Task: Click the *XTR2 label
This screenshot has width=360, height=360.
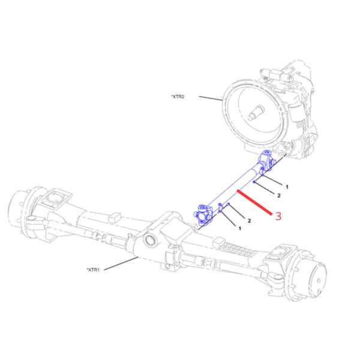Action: pos(178,97)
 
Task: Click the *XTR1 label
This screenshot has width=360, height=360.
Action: pos(93,269)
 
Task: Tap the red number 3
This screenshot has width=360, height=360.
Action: pos(278,216)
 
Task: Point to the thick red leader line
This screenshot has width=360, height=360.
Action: pos(254,203)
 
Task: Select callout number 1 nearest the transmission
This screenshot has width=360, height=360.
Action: pos(287,187)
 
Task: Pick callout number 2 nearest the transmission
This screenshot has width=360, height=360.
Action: pos(279,196)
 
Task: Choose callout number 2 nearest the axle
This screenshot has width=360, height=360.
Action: pos(250,221)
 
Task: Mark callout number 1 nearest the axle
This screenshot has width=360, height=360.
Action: pos(240,229)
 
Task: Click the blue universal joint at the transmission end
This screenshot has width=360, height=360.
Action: pos(266,160)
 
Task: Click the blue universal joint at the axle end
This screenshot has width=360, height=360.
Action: pos(203,215)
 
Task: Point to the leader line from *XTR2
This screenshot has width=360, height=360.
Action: pos(211,98)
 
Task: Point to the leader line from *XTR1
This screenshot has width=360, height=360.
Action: pos(121,263)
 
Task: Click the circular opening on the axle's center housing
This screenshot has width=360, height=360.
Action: pos(151,241)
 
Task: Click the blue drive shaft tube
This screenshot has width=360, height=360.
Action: pos(234,187)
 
